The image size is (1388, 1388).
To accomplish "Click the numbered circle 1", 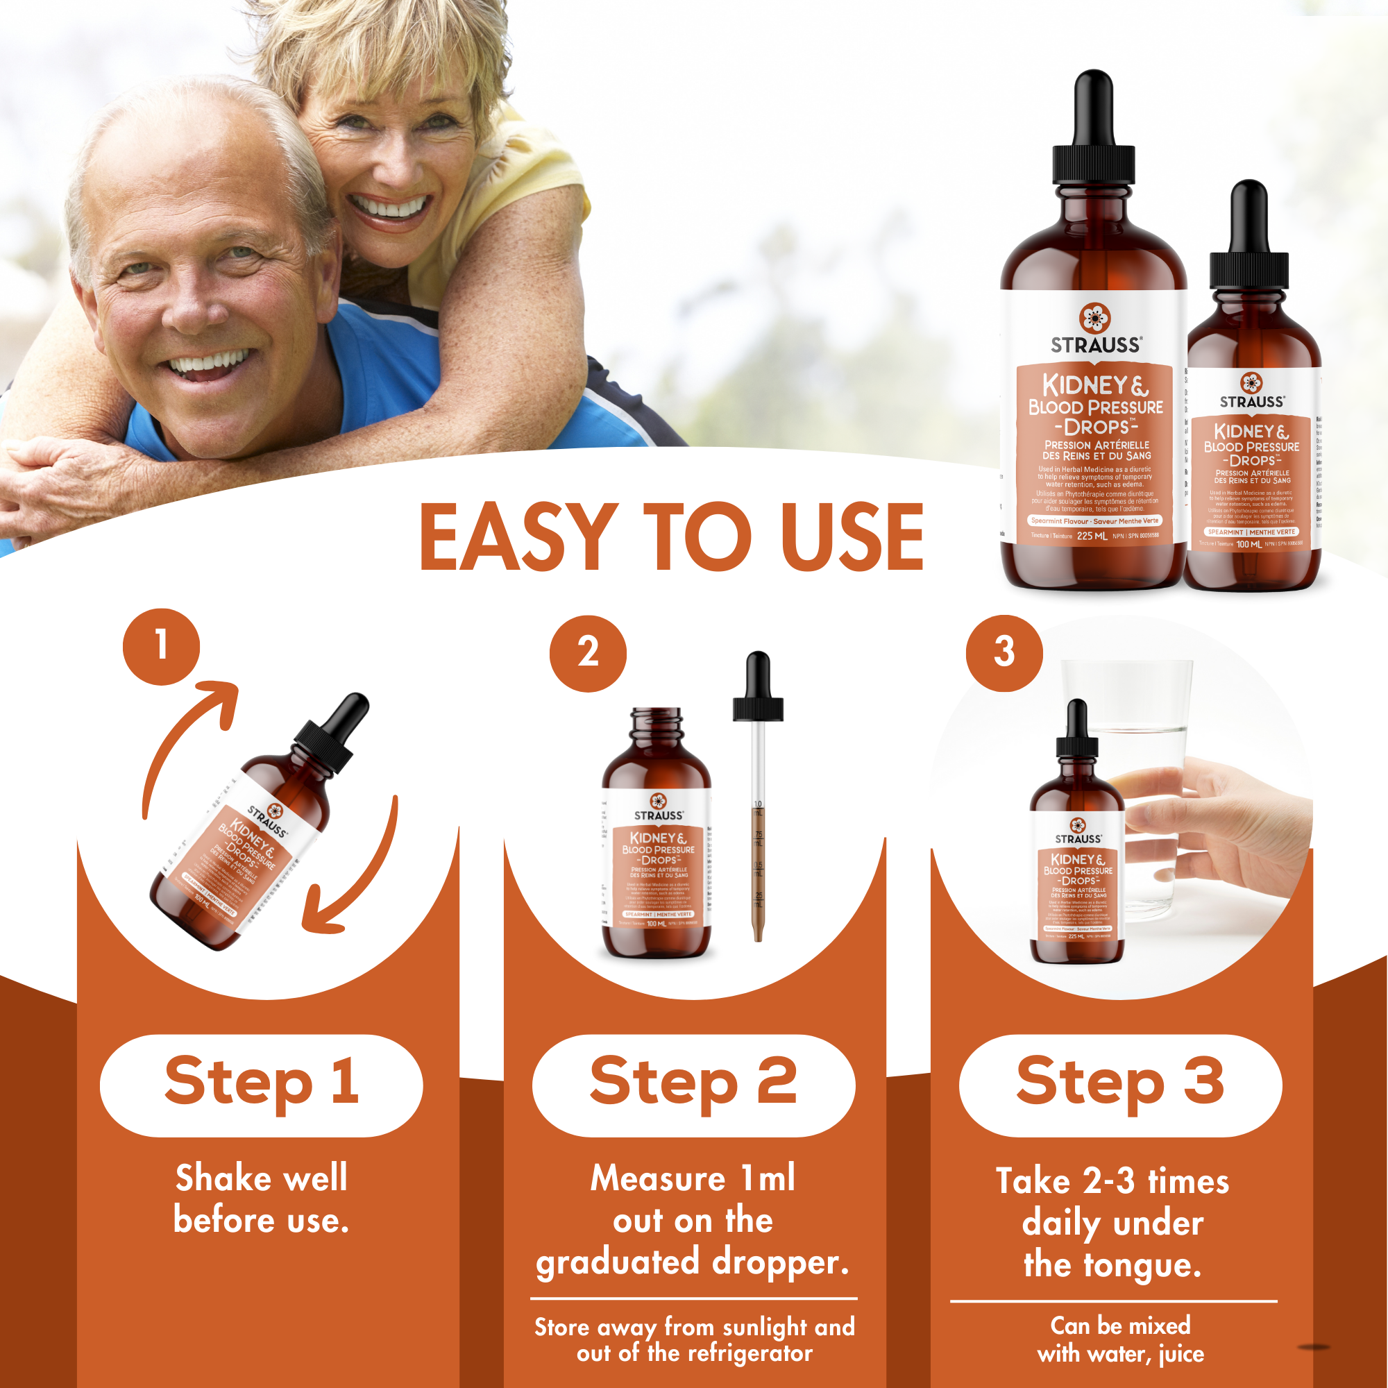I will click(x=161, y=647).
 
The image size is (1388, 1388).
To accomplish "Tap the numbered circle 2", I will click(x=588, y=653).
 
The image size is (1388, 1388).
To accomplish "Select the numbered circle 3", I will click(x=1004, y=653).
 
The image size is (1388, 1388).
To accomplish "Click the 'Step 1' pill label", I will click(x=262, y=1085).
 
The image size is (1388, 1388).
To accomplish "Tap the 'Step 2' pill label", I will click(x=693, y=1085).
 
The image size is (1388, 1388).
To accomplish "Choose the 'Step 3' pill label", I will click(x=1120, y=1085).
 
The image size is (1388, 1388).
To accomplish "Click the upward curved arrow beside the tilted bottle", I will click(x=187, y=740).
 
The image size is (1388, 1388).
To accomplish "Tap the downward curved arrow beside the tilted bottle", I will click(x=359, y=877).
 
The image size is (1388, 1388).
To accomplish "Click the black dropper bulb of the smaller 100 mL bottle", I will click(x=1249, y=216).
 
